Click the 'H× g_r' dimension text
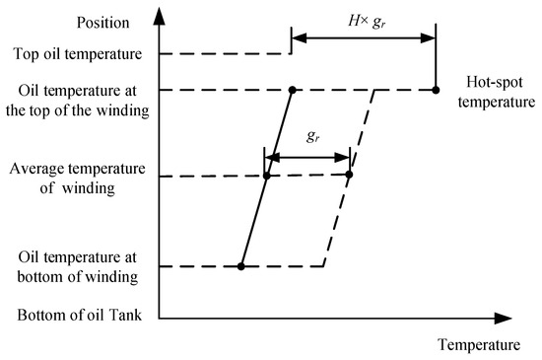[362, 20]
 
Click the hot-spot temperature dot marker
[436, 90]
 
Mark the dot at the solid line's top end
[293, 90]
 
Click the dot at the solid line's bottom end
[240, 266]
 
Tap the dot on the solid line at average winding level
[266, 177]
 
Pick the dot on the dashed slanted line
[349, 176]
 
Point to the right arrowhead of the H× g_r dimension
[430, 38]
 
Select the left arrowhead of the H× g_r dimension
[298, 38]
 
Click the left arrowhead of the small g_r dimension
[271, 157]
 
